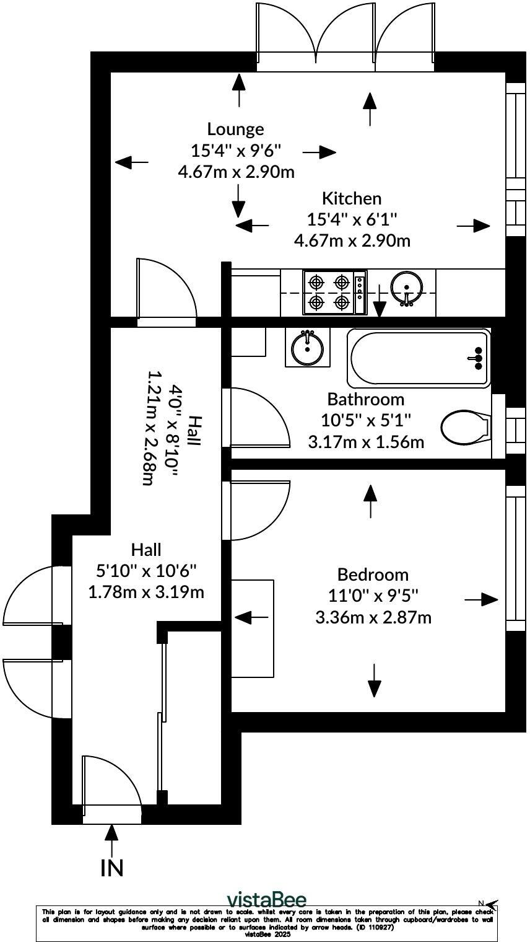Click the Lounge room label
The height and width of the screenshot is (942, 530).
235,129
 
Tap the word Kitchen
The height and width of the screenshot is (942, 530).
352,198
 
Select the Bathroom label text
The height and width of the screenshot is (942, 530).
365,398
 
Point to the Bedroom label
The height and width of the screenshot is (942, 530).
373,574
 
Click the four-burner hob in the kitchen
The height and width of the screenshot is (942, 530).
329,293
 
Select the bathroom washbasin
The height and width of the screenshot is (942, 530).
307,347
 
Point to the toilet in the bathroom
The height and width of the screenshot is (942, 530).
465,426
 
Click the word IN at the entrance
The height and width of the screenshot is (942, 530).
112,868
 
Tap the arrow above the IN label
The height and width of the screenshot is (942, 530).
112,840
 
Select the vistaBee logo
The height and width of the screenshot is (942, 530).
266,899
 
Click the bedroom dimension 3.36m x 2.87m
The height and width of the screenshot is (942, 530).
373,617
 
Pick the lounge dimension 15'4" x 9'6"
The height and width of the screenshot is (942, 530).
235,150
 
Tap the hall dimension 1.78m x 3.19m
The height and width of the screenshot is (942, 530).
146,591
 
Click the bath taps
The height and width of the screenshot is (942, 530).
478,358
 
